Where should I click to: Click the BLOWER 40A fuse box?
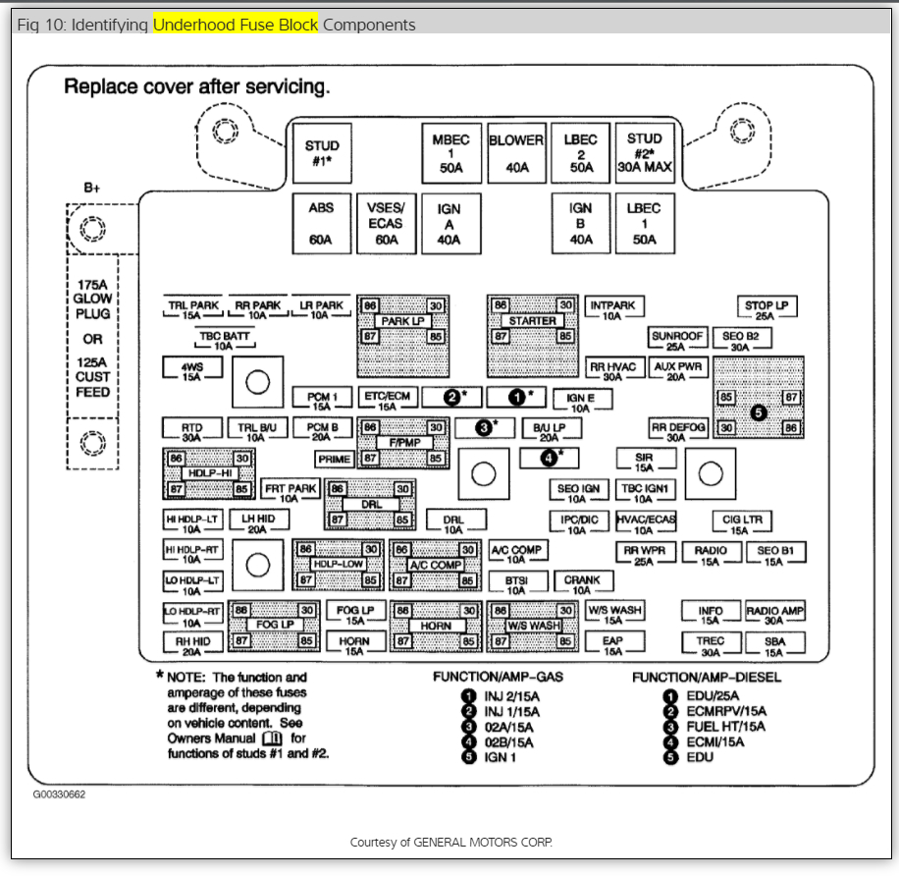516,153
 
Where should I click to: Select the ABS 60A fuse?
321,223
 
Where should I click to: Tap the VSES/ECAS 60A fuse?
386,223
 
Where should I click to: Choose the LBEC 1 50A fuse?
644,223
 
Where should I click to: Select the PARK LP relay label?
402,321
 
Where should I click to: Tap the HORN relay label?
436,626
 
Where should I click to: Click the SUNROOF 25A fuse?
677,340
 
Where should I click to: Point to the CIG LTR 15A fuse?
743,520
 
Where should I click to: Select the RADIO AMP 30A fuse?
775,615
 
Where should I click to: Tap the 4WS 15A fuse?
192,369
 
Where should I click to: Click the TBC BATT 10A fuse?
224,340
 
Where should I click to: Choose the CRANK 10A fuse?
582,584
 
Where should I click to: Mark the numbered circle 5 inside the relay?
758,412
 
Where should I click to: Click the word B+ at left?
91,188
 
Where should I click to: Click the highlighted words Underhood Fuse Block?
236,25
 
